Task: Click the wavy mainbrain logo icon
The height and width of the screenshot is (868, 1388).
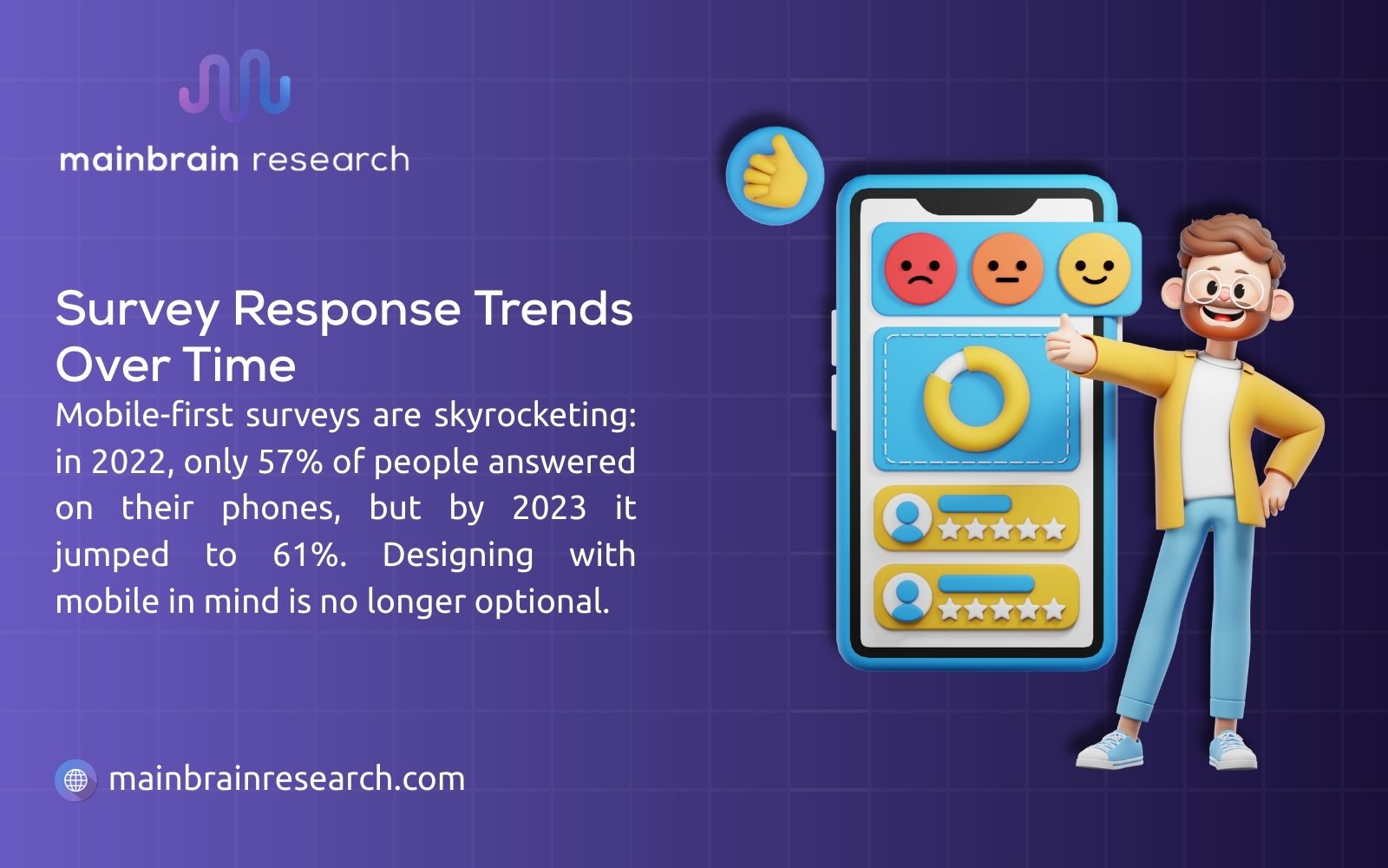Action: point(234,85)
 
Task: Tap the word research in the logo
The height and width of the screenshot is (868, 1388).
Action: point(331,160)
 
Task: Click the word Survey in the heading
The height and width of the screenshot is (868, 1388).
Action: point(137,309)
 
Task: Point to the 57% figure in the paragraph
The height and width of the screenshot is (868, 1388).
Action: point(290,461)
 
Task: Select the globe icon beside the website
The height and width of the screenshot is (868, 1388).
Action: point(76,779)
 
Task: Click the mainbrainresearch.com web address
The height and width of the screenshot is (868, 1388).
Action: point(287,779)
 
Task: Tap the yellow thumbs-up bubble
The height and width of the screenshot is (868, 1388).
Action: point(774,175)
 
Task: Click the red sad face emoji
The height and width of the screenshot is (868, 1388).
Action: point(920,268)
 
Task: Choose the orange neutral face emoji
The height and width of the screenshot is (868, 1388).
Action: point(1006,268)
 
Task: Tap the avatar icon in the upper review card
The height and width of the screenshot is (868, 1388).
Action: point(907,519)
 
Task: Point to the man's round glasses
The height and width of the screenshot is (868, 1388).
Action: point(1226,287)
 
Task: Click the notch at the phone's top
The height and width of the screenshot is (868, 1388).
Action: point(976,207)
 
